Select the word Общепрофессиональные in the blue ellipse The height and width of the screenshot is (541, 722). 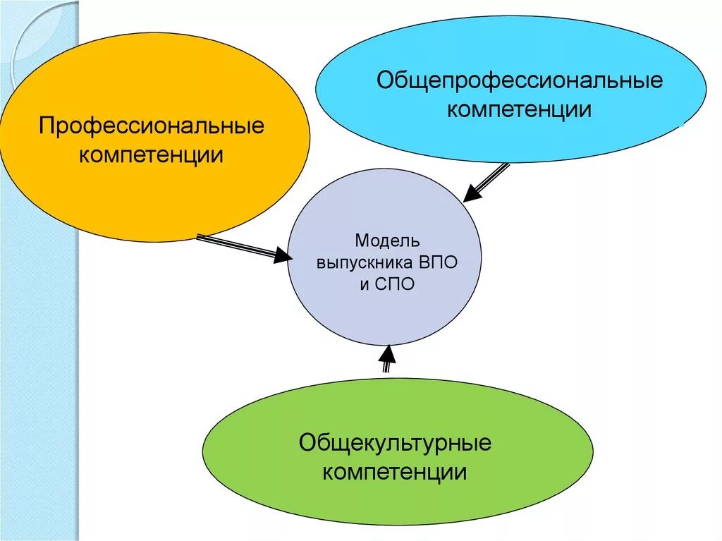click(x=520, y=80)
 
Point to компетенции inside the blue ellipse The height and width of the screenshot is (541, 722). click(x=520, y=110)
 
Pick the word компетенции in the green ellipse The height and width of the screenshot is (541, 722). click(x=395, y=471)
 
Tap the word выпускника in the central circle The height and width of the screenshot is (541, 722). click(x=364, y=262)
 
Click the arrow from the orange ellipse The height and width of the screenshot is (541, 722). click(x=240, y=246)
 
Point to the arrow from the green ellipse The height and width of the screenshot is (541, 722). click(x=386, y=360)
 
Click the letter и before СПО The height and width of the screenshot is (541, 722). click(x=365, y=285)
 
